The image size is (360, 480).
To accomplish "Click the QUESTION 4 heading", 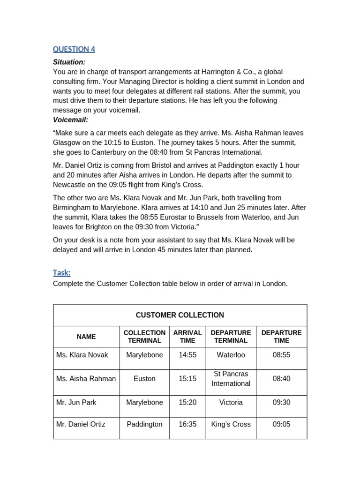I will coord(74,49).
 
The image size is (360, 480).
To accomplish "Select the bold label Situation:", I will coord(69,62).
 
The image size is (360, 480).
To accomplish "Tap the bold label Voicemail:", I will coord(71,120).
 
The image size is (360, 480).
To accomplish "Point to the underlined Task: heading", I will coord(62,273).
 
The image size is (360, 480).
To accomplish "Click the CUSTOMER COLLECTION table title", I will coord(180,315).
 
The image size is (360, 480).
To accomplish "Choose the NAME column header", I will coord(86,337).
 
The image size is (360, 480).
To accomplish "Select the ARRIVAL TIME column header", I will coord(187,337).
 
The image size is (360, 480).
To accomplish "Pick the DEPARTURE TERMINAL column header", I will coord(231,337).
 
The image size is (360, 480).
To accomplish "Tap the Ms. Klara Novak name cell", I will coord(82,355).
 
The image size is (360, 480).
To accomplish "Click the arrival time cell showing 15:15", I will coord(187,379).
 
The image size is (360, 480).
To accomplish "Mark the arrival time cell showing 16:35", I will coord(187,424).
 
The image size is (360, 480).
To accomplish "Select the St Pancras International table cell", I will coord(231,379).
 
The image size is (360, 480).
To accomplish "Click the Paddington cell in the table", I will coord(144,424).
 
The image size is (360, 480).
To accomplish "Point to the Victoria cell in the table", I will coord(231,403).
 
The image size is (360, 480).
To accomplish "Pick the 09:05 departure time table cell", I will coord(281,424).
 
